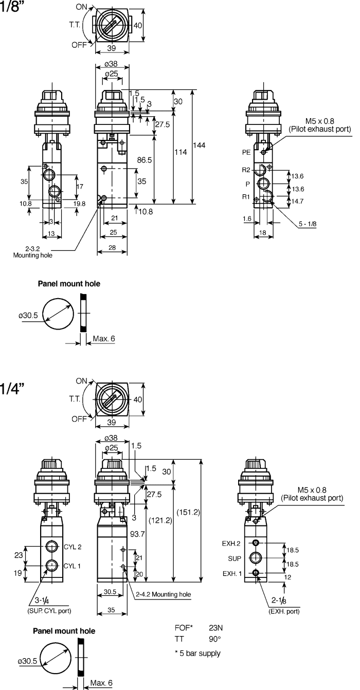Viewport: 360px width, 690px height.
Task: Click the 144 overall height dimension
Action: click(x=200, y=146)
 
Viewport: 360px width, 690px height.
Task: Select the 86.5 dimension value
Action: click(x=145, y=160)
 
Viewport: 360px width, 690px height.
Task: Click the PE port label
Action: click(x=246, y=152)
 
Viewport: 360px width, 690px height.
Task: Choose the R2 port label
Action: click(x=246, y=170)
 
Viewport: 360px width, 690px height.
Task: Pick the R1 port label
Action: click(x=246, y=196)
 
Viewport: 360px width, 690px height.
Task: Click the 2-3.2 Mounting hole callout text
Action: click(x=32, y=251)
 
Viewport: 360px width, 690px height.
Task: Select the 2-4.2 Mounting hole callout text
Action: click(x=164, y=594)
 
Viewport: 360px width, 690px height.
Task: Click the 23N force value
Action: click(x=216, y=628)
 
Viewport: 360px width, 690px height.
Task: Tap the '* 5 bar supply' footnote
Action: click(x=197, y=653)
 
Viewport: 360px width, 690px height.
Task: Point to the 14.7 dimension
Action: click(x=297, y=202)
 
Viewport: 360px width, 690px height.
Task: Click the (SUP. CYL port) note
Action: click(x=49, y=611)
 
